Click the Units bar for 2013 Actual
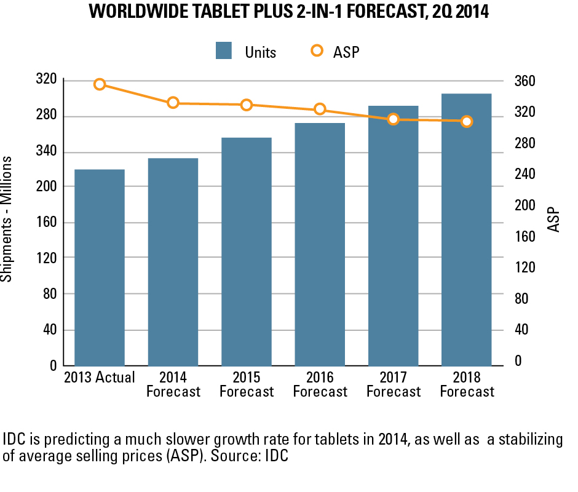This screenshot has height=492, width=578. tap(100, 268)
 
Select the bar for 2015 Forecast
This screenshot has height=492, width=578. tap(247, 252)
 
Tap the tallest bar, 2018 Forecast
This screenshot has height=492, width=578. tap(466, 230)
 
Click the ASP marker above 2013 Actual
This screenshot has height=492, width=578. tap(100, 84)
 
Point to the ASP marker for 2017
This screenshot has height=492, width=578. tap(394, 119)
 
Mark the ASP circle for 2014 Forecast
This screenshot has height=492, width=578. tap(173, 103)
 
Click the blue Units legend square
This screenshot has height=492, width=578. tap(224, 51)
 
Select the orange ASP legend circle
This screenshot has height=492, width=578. tap(317, 51)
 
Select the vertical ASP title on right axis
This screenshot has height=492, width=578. tap(555, 220)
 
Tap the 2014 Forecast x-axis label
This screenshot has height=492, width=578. tap(173, 384)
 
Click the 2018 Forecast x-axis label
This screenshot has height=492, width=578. tap(467, 384)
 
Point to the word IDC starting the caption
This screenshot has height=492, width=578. tap(15, 440)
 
